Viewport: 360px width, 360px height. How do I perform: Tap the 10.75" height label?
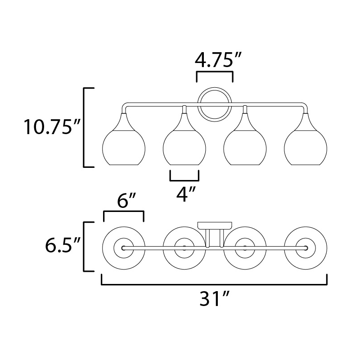coord(52,126)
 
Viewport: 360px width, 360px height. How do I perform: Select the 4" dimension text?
coord(186,194)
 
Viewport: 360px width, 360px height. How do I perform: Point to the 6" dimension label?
coord(126,201)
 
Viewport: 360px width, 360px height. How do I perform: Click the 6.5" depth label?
coord(63,245)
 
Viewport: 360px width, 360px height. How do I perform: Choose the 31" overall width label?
coord(215,298)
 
